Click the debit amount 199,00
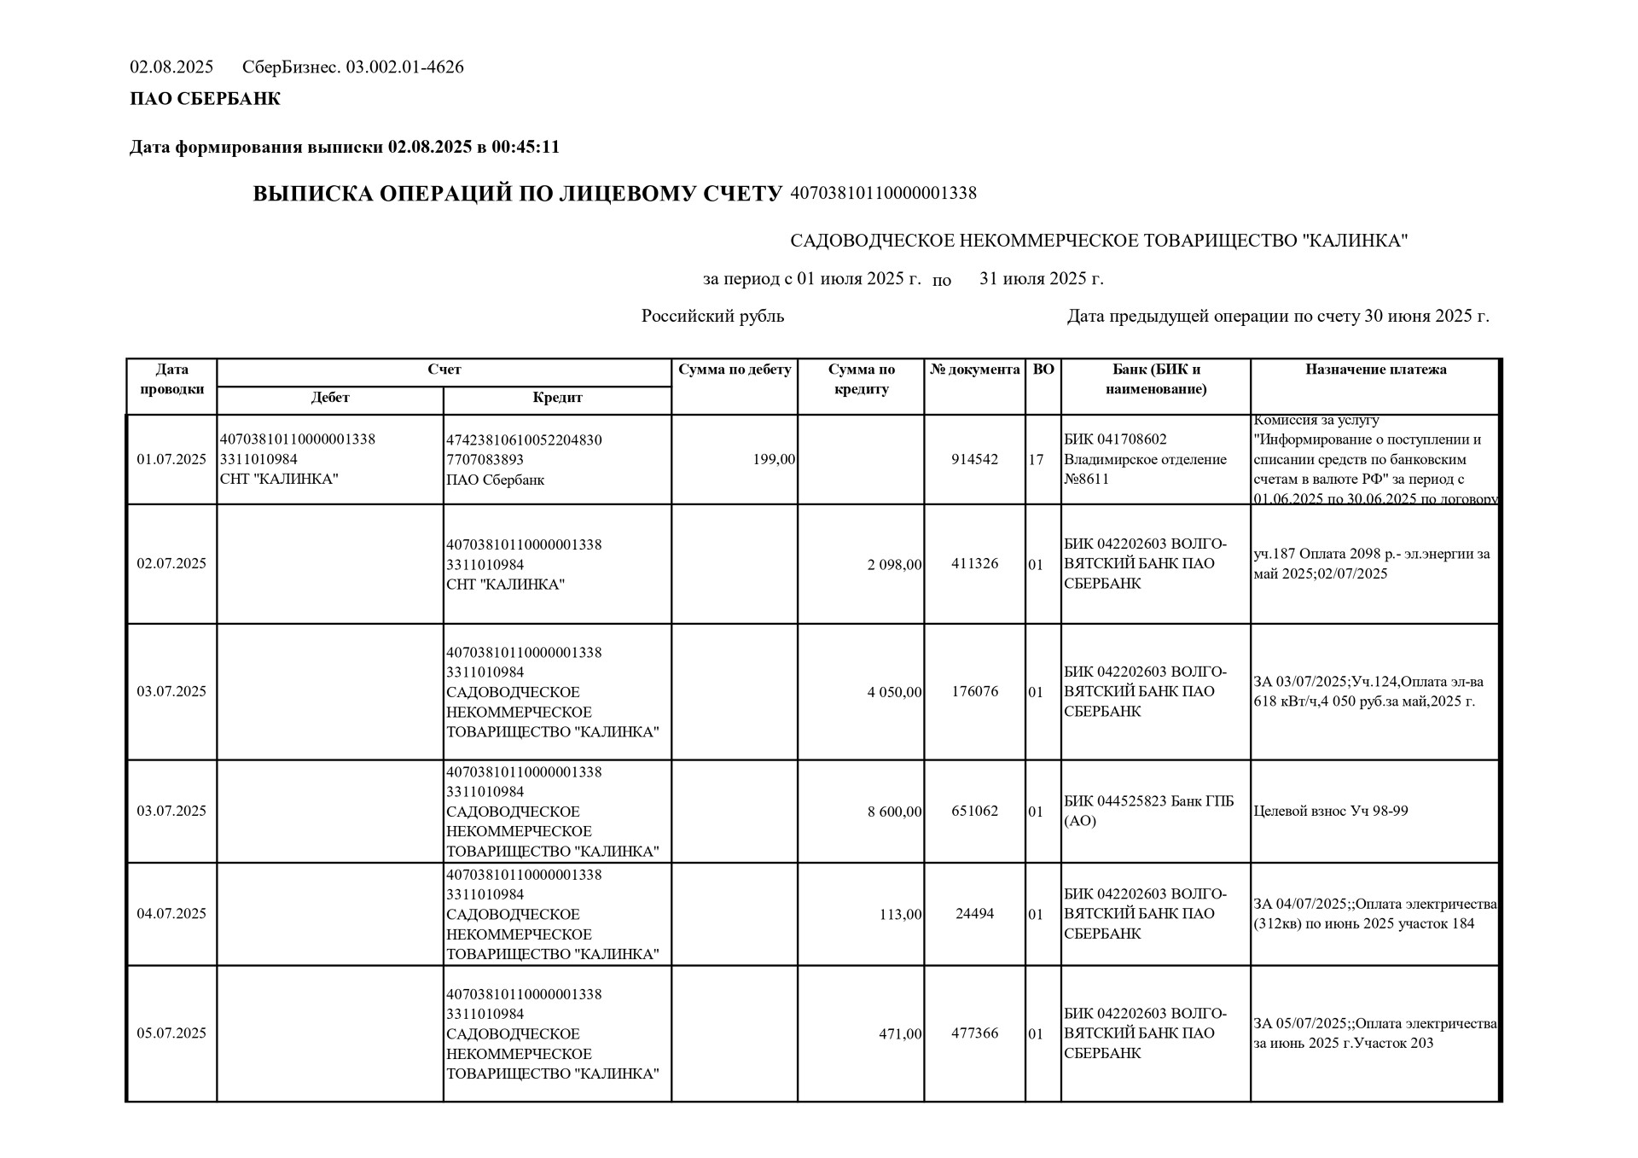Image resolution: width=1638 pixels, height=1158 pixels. pyautogui.click(x=774, y=460)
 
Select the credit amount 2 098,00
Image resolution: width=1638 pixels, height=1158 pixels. pyautogui.click(x=894, y=564)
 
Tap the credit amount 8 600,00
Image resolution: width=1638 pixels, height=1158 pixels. pyautogui.click(x=894, y=812)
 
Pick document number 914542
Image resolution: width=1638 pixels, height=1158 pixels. pyautogui.click(x=974, y=460)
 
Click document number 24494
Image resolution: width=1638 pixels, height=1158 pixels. pyautogui.click(x=974, y=914)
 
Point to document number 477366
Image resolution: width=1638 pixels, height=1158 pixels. pyautogui.click(x=974, y=1033)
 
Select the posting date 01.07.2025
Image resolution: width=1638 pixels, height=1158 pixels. pyautogui.click(x=171, y=460)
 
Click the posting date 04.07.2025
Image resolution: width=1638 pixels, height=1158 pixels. pyautogui.click(x=171, y=914)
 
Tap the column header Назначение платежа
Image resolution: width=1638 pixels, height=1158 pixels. pyautogui.click(x=1375, y=370)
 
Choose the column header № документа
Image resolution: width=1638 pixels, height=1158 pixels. pyautogui.click(x=974, y=370)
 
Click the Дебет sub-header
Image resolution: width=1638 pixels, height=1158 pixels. pyautogui.click(x=330, y=399)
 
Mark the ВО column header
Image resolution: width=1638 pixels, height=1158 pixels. pyautogui.click(x=1043, y=370)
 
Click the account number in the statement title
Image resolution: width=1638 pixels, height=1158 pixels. pyautogui.click(x=883, y=194)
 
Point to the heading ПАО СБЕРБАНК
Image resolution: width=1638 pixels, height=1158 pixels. pyautogui.click(x=205, y=99)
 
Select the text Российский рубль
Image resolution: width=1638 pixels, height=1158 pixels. pyautogui.click(x=712, y=317)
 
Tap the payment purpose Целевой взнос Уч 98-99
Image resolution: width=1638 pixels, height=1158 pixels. pyautogui.click(x=1330, y=812)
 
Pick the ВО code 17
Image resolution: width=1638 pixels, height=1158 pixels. pyautogui.click(x=1036, y=460)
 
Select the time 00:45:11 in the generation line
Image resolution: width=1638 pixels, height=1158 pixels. pyautogui.click(x=526, y=148)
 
